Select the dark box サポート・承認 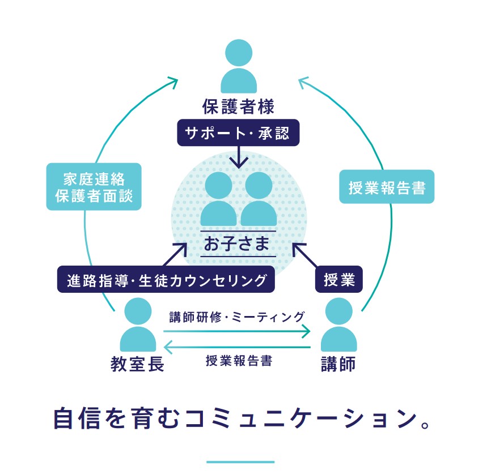[238, 133]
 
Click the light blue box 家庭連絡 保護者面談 [94, 186]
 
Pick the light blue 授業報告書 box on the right [387, 187]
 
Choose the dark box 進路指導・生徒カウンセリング [166, 279]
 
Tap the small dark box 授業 [339, 279]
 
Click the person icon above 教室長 [138, 324]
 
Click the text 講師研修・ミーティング [237, 317]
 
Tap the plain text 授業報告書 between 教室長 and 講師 [239, 361]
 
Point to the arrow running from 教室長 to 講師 [238, 331]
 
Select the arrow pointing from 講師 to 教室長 [238, 347]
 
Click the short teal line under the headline [240, 462]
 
